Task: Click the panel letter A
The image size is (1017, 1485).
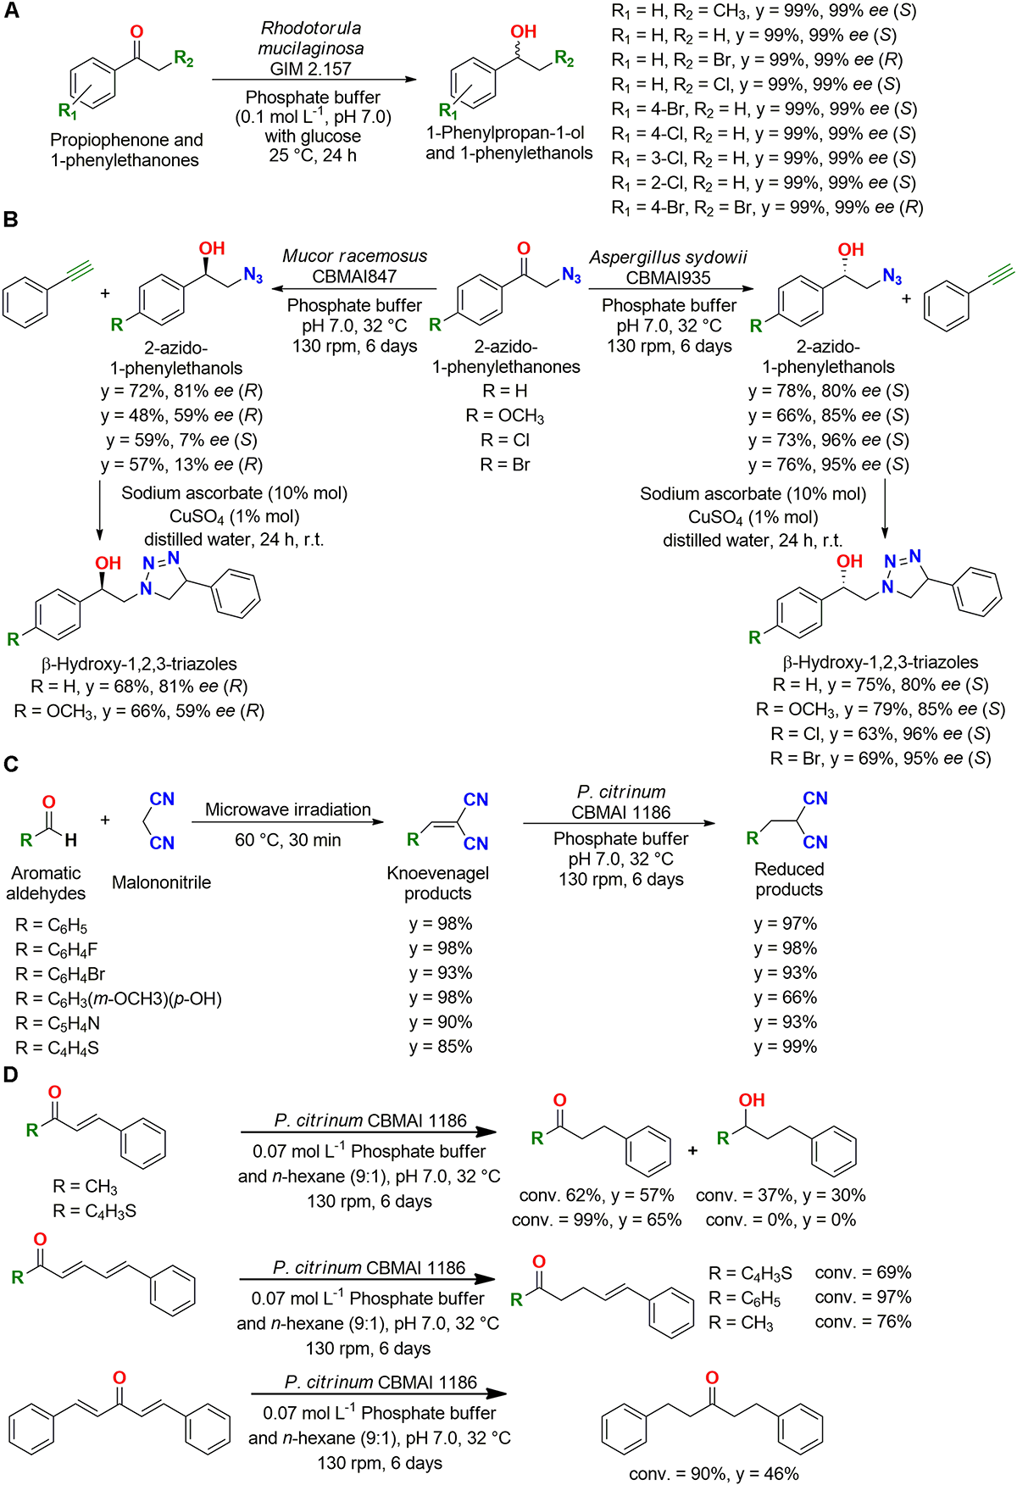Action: [x=12, y=13]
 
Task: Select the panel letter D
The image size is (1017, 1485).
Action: [x=11, y=1075]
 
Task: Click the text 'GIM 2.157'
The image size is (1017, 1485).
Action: [x=311, y=69]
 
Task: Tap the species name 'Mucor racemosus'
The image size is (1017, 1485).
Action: [x=354, y=256]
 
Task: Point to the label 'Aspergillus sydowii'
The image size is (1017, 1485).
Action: [x=669, y=257]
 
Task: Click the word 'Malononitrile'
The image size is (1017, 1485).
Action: [x=161, y=882]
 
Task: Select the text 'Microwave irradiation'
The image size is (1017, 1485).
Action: [x=287, y=809]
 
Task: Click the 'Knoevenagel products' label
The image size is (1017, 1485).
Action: [x=438, y=882]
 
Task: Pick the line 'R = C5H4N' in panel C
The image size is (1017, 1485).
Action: [x=58, y=1023]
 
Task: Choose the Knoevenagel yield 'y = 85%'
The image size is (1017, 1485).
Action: [x=441, y=1047]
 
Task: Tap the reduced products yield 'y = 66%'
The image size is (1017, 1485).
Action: [x=786, y=998]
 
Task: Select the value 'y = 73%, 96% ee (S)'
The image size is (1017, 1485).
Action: [x=828, y=440]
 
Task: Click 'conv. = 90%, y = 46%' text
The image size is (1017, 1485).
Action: [x=714, y=1473]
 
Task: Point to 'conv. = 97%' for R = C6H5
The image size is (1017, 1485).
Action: [x=863, y=1297]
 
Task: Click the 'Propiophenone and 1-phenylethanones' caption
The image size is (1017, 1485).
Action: [x=126, y=150]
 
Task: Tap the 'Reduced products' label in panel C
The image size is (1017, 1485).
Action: [x=789, y=879]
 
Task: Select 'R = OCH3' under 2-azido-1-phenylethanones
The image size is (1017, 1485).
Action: [x=505, y=415]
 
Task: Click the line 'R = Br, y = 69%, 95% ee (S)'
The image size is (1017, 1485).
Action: [x=881, y=758]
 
